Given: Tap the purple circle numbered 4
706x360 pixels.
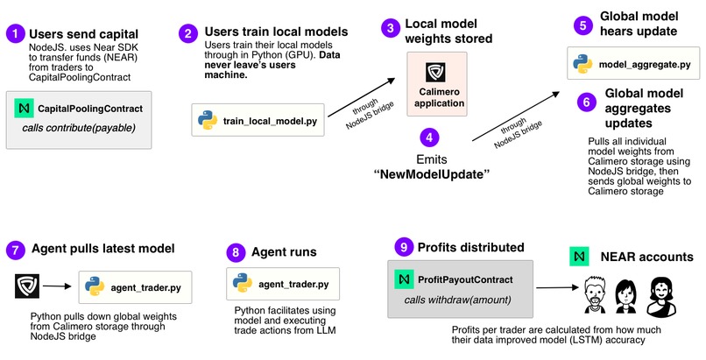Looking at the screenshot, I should point(427,138).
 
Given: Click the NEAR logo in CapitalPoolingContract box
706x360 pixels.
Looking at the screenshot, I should point(24,109).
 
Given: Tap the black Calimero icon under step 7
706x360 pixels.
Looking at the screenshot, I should point(27,285).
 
